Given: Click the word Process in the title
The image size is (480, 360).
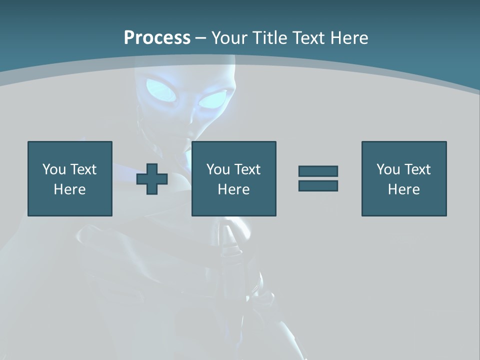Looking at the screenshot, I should [157, 37].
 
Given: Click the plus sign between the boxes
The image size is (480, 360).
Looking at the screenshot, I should [152, 179].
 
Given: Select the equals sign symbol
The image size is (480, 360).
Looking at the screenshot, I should [318, 178].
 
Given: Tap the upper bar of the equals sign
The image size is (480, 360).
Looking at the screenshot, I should [318, 171].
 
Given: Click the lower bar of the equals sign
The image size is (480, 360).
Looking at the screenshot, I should [318, 185].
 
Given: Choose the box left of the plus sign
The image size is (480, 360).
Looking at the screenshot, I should [70, 178].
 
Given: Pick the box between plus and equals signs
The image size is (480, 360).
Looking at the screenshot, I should [234, 178].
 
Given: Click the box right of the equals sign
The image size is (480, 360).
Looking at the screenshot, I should [404, 178].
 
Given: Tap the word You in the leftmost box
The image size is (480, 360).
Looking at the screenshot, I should [54, 169].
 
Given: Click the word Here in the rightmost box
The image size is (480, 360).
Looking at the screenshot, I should [404, 189].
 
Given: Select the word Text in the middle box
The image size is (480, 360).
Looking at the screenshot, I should [247, 169].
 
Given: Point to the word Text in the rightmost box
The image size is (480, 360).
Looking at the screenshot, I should [417, 169].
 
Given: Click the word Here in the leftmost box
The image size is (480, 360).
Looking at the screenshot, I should [70, 189].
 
